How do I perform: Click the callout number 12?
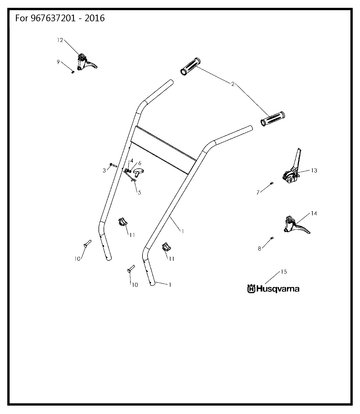click(x=60, y=40)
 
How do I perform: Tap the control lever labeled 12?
click(x=86, y=62)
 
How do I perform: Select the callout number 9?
click(x=58, y=62)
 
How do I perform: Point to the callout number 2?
click(x=233, y=84)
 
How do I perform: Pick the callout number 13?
click(x=314, y=171)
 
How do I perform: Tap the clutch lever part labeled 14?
click(x=297, y=225)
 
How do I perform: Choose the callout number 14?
click(x=314, y=213)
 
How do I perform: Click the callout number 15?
click(x=283, y=272)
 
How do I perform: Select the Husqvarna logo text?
click(x=273, y=289)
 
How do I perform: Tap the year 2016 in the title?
click(x=94, y=18)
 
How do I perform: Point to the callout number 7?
click(x=258, y=193)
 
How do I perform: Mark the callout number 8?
click(x=260, y=248)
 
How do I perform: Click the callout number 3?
click(x=104, y=170)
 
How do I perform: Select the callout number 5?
click(x=139, y=192)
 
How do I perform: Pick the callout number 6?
click(x=140, y=163)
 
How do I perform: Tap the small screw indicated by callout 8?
click(x=272, y=238)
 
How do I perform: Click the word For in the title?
click(x=22, y=18)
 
